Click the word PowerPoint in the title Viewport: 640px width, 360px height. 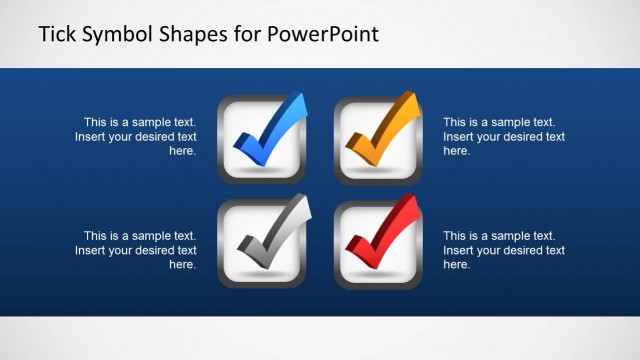tap(322, 35)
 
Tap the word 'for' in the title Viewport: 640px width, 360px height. tap(248, 34)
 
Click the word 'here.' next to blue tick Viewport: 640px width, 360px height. tap(182, 151)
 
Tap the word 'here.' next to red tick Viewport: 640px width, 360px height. tap(456, 265)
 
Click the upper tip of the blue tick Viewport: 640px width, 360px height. tap(299, 98)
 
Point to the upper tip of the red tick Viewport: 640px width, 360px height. tap(413, 203)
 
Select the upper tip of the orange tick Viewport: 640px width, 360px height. tap(413, 97)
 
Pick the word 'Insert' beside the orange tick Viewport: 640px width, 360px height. tap(459, 136)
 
